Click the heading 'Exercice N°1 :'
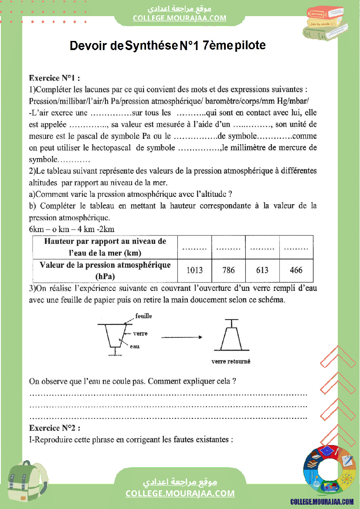54,78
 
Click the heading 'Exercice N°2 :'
54,428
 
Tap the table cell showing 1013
194,270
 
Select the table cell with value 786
228,270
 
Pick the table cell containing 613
262,270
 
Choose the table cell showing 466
296,270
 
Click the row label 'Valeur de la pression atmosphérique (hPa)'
105,270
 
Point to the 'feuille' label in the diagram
144,316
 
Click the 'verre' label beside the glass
140,334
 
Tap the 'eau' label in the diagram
135,347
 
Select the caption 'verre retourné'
231,361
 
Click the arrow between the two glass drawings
182,337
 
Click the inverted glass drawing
231,336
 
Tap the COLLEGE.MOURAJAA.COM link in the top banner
180,18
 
